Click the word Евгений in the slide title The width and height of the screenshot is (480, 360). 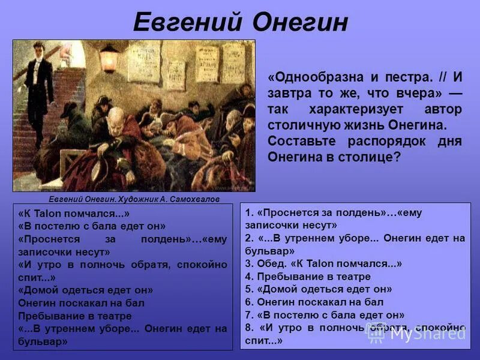coord(187,23)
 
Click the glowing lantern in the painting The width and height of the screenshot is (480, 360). coord(108,58)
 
